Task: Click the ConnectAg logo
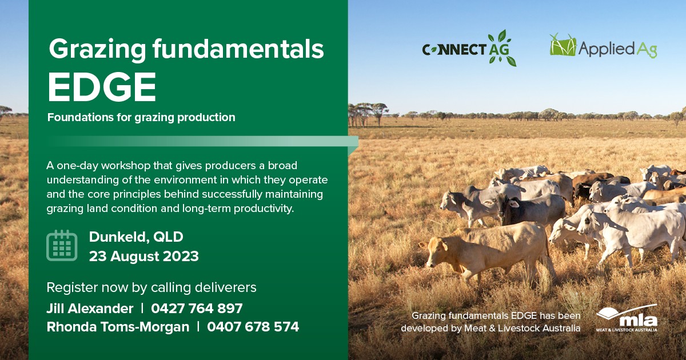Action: point(469,49)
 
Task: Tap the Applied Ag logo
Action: point(603,46)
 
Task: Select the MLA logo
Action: point(627,318)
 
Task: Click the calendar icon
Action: point(62,245)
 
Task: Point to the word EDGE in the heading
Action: point(102,87)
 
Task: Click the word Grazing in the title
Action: point(97,50)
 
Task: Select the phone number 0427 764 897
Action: point(197,309)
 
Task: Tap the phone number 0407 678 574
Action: point(253,327)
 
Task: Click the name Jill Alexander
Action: point(90,309)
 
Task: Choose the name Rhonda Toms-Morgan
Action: point(118,327)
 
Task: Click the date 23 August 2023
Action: point(143,257)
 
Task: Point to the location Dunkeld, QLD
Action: point(136,237)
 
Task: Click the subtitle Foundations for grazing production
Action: point(141,117)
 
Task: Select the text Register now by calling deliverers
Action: point(151,288)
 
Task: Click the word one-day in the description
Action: point(78,166)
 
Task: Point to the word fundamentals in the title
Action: point(238,49)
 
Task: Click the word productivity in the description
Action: point(264,209)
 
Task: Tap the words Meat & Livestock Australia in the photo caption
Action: point(522,328)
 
